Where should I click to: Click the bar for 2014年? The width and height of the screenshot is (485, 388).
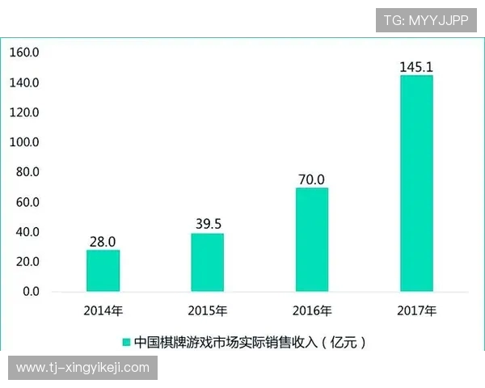tap(103, 271)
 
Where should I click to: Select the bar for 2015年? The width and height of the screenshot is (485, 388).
tap(207, 263)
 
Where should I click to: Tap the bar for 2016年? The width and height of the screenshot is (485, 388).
tap(312, 239)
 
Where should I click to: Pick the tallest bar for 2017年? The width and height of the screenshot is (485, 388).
tap(416, 183)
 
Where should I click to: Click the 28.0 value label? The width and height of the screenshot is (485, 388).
tap(103, 242)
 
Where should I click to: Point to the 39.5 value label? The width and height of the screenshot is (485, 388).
tap(207, 224)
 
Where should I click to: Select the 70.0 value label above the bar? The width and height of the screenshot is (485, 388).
tap(311, 179)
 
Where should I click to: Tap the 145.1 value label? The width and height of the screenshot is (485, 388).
tap(416, 66)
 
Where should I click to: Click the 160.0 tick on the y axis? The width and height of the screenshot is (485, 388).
tap(24, 53)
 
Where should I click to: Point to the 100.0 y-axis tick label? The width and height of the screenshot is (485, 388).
tap(24, 142)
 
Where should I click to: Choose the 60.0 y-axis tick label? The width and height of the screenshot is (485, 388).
tap(26, 202)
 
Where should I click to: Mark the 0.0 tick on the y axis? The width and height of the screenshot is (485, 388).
tap(29, 291)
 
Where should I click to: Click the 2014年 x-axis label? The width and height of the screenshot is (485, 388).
tap(103, 310)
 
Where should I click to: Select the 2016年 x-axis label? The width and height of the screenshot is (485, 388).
tap(312, 310)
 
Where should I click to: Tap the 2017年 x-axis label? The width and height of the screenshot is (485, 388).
tap(417, 310)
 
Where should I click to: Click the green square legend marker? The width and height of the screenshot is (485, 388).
tap(127, 342)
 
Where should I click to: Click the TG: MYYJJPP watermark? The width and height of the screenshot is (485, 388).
tap(426, 20)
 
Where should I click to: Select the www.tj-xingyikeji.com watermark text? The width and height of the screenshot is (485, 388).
tap(83, 368)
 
